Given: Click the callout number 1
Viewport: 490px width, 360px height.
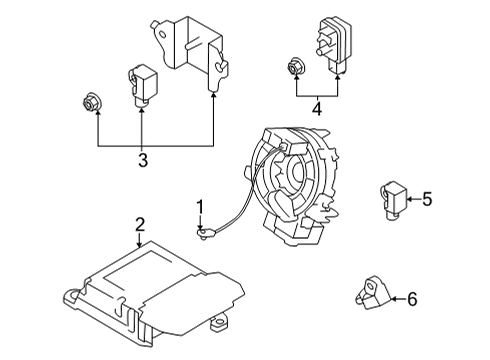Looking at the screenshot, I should (x=200, y=208).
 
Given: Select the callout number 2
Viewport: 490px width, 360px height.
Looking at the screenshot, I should (x=140, y=225).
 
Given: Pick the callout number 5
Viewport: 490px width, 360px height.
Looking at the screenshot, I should (x=427, y=199).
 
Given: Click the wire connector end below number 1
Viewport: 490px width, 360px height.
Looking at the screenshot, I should (x=204, y=236).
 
